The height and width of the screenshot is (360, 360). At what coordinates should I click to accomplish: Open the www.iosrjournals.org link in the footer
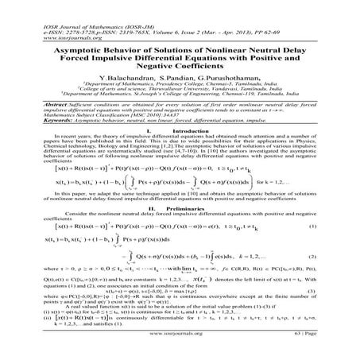[180, 346]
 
